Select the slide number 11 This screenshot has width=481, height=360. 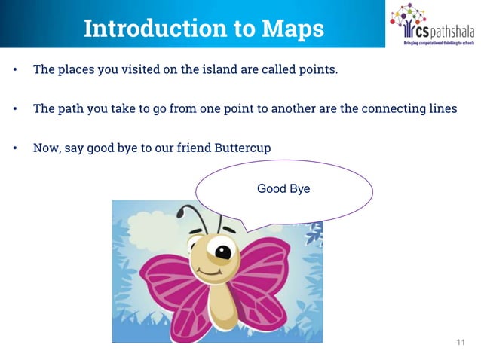(x=461, y=343)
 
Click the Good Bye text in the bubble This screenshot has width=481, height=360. (x=283, y=188)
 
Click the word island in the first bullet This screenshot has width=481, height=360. (x=219, y=70)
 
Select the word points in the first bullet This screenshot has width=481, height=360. (x=317, y=70)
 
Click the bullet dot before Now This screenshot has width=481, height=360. (x=14, y=148)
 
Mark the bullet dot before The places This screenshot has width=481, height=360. (x=14, y=71)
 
